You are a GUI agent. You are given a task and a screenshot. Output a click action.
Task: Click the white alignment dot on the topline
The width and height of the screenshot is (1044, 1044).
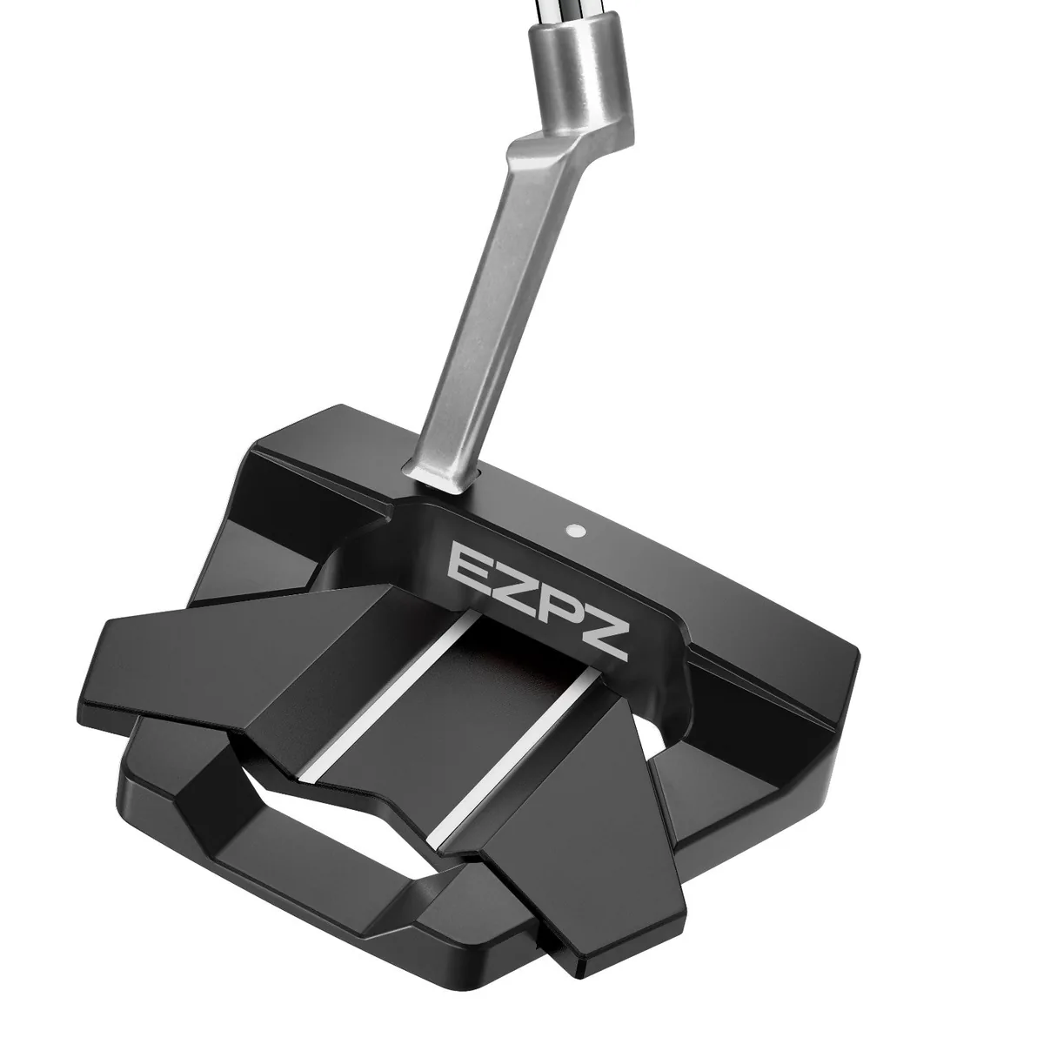[575, 530]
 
